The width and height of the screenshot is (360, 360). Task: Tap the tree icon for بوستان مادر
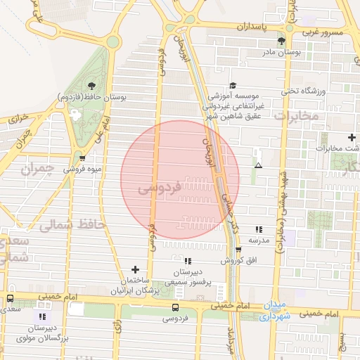tap(282, 41)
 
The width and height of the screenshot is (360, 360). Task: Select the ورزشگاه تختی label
tap(304, 90)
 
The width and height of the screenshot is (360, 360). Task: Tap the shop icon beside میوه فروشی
tap(83, 158)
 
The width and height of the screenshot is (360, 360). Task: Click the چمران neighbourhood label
tap(37, 169)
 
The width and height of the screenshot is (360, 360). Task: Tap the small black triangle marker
tap(259, 166)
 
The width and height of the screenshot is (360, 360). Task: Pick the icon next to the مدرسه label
tap(259, 229)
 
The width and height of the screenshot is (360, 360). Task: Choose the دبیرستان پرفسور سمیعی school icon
tap(188, 262)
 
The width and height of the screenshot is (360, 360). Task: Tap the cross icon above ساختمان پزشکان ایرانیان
tap(136, 269)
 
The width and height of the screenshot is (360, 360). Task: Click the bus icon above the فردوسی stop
tap(175, 307)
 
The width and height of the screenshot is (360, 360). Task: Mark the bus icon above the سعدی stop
tap(10, 298)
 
